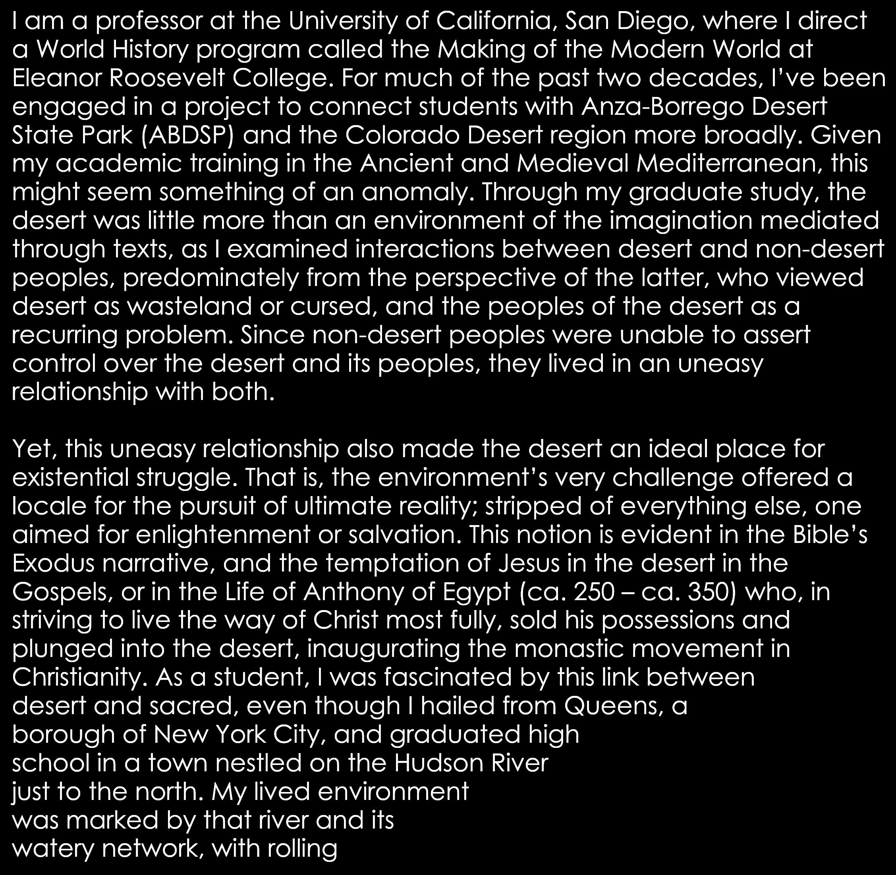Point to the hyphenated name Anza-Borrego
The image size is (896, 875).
pos(662,106)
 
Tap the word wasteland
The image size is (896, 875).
pos(189,306)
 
